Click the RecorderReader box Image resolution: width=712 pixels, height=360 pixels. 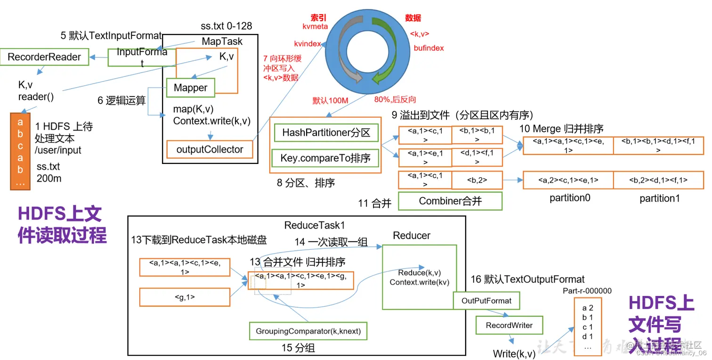[44, 57]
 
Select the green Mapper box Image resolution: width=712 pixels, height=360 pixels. [190, 88]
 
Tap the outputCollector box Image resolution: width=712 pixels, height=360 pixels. [210, 149]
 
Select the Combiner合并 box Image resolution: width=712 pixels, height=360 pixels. [450, 201]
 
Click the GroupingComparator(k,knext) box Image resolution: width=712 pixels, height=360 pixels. [308, 331]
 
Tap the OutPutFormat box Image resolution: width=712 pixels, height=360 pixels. [486, 301]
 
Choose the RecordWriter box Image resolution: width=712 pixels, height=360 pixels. [509, 325]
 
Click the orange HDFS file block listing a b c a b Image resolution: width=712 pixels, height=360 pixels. [20, 151]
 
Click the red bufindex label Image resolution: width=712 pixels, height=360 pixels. [429, 48]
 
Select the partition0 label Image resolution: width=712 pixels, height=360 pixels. [569, 198]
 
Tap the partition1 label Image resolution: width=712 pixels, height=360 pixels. [659, 198]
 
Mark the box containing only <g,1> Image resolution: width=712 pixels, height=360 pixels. [185, 297]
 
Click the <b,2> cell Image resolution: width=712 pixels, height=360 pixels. [477, 180]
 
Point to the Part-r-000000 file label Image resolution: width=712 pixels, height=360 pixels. [587, 291]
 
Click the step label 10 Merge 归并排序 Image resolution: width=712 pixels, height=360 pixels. [561, 129]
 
